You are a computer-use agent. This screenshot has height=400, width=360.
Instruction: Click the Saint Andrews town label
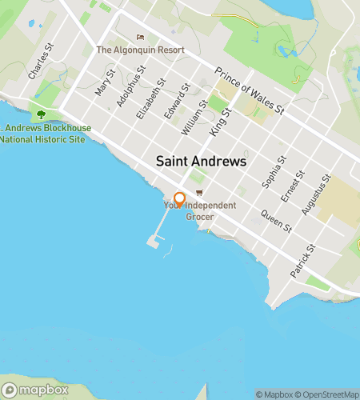click(201, 161)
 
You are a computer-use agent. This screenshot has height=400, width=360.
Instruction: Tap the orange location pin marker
click(180, 199)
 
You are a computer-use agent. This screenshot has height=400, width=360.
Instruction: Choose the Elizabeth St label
click(150, 98)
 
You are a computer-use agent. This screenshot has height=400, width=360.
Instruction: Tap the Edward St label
click(175, 103)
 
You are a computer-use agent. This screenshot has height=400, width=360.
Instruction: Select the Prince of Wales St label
click(250, 90)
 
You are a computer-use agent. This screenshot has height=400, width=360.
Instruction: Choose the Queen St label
click(277, 221)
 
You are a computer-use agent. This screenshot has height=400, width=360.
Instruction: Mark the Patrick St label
click(302, 262)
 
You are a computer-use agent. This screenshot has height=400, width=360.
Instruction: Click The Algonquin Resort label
click(140, 50)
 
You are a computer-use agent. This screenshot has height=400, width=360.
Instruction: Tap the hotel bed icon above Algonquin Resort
click(141, 37)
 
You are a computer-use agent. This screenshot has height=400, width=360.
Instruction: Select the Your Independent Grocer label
click(200, 211)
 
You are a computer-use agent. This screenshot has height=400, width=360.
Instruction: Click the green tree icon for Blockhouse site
click(42, 115)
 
